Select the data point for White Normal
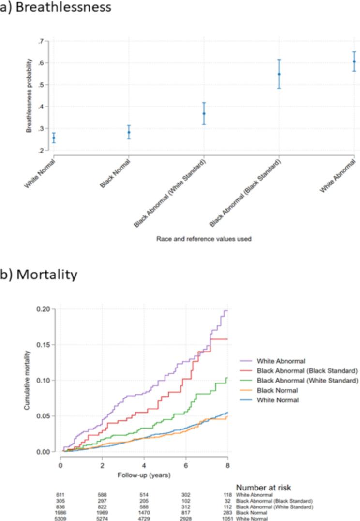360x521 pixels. [54, 138]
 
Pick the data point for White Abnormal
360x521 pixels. [354, 61]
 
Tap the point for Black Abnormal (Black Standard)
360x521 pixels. [279, 74]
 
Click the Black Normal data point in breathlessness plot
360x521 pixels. [129, 132]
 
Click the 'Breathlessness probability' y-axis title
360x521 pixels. [30, 96]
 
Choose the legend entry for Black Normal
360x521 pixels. [276, 390]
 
